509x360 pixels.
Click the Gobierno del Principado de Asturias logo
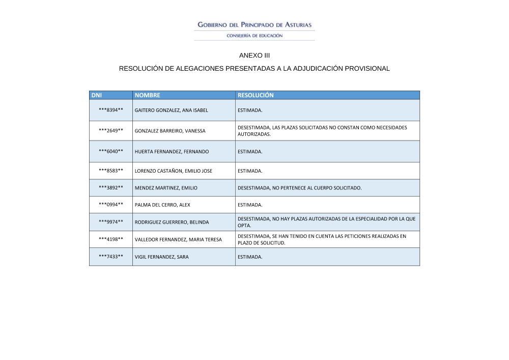click(x=254, y=25)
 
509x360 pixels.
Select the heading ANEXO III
click(x=254, y=55)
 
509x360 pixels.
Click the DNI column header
click(x=97, y=95)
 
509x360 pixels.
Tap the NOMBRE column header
click(x=148, y=95)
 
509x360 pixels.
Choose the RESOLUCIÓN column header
click(x=256, y=95)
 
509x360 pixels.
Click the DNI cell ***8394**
click(x=111, y=110)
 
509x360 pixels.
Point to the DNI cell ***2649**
click(x=111, y=131)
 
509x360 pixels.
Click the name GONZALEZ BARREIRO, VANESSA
click(x=170, y=131)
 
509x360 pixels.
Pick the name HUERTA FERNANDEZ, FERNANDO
click(x=172, y=152)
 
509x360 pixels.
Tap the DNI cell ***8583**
click(x=111, y=171)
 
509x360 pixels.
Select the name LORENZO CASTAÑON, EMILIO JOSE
click(x=173, y=171)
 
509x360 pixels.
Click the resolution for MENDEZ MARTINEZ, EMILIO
click(x=299, y=188)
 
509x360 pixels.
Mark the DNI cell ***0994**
click(x=111, y=205)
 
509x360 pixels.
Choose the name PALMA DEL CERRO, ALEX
click(x=162, y=205)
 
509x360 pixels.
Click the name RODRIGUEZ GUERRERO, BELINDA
click(x=172, y=222)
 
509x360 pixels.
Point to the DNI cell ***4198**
click(x=111, y=239)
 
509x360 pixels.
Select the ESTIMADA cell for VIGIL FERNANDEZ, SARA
click(x=250, y=257)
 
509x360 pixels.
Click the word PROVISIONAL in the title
click(x=367, y=68)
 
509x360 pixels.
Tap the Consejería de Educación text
click(x=254, y=36)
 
